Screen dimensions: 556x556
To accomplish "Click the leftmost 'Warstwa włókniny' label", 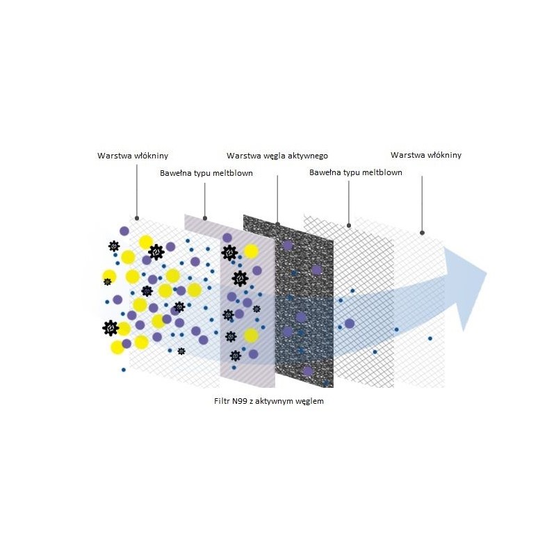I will click(x=133, y=156).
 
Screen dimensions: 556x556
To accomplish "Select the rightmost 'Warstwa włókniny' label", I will click(x=425, y=155).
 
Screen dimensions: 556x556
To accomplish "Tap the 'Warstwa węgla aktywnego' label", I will click(x=277, y=156).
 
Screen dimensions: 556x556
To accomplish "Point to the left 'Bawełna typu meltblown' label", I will click(x=206, y=172).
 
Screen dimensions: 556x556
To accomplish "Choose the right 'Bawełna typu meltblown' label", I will click(x=355, y=172).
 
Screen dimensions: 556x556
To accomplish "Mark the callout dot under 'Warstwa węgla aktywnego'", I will click(x=277, y=224).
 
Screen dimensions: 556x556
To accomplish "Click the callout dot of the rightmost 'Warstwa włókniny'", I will click(x=422, y=233).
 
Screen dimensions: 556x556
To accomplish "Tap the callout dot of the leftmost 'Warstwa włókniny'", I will click(x=137, y=218).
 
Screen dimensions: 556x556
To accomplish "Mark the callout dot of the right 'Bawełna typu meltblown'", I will click(x=347, y=226).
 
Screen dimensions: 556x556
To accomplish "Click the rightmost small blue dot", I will click(x=430, y=338).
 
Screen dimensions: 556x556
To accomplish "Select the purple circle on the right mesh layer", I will click(x=350, y=323).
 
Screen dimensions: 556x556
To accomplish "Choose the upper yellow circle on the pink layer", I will click(x=251, y=251).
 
